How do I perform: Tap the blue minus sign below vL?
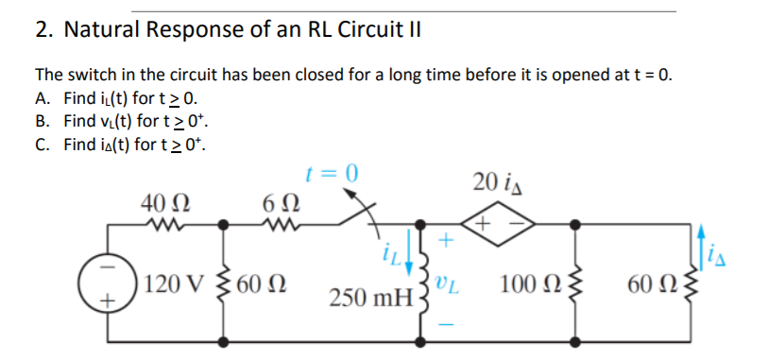[447, 324]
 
